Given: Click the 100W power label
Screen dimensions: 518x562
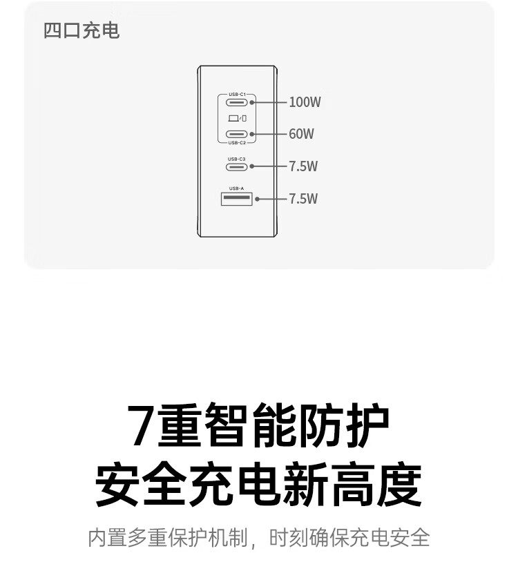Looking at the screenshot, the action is tap(305, 102).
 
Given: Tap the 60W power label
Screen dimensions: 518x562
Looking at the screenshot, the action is tap(302, 134).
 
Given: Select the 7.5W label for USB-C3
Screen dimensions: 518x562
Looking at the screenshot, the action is tap(303, 166).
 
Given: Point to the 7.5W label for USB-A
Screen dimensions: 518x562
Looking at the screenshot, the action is tap(303, 199).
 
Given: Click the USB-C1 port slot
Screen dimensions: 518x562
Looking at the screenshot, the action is tap(237, 102).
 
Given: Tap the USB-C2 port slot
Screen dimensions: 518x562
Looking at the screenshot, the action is tap(237, 134).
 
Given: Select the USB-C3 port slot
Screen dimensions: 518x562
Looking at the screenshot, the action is tap(237, 166).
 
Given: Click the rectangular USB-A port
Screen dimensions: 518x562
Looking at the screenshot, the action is tap(237, 199).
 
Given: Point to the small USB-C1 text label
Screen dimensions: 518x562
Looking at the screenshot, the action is tap(237, 95).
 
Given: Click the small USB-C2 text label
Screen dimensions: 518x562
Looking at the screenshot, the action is tap(237, 143).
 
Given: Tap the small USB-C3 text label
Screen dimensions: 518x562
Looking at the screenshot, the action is tap(237, 159).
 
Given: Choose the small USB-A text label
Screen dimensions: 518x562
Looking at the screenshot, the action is tap(237, 188).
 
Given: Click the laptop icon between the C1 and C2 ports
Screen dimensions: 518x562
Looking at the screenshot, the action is tap(233, 118).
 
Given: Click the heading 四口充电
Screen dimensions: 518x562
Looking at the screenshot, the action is tap(81, 30).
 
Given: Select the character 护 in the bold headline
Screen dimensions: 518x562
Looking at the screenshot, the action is tap(368, 425).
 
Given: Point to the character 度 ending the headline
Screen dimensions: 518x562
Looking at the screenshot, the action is tap(399, 484).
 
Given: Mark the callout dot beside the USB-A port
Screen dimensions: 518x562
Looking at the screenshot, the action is tap(257, 199).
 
